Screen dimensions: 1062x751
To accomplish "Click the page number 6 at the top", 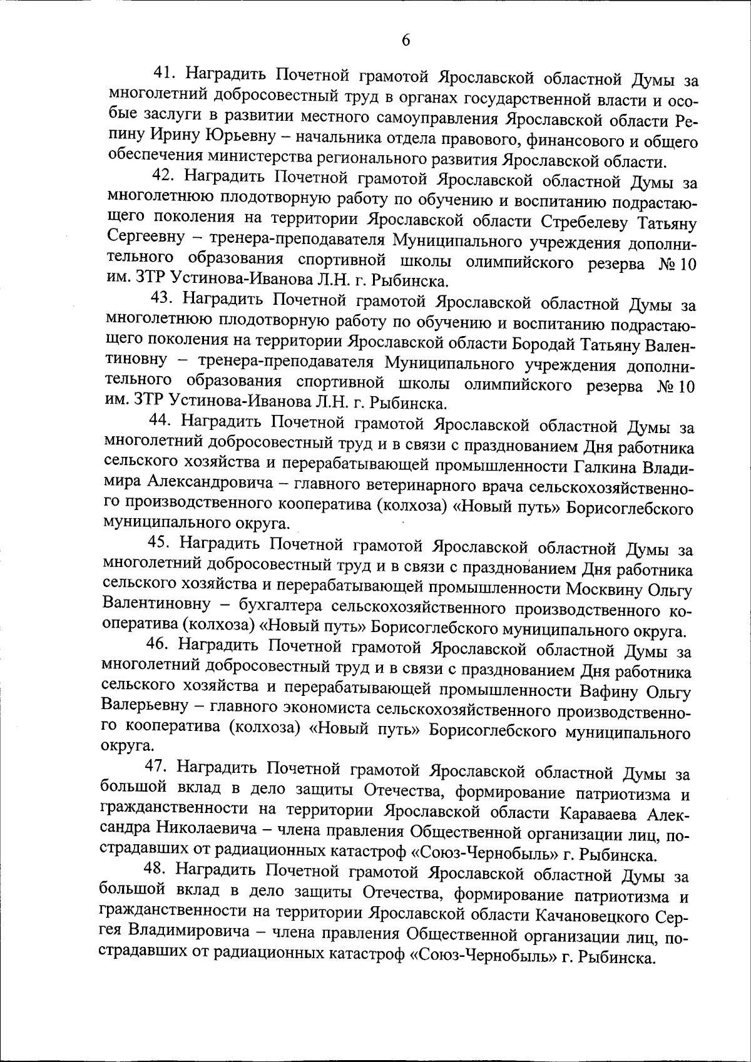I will [x=405, y=41].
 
